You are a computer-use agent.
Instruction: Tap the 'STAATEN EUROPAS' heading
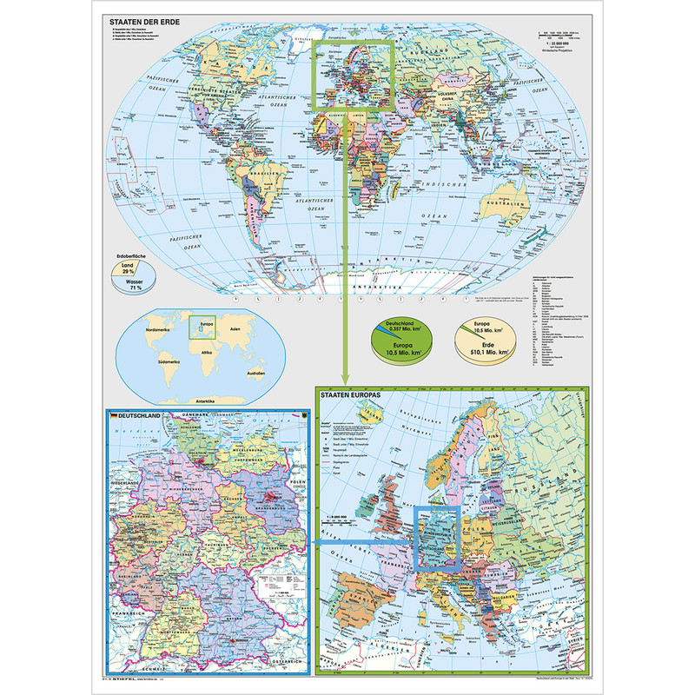coord(355,395)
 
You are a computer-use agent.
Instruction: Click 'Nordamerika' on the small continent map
coord(162,330)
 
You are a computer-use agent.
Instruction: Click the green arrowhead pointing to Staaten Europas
coord(346,381)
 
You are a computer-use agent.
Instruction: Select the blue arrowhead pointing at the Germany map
coord(317,545)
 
